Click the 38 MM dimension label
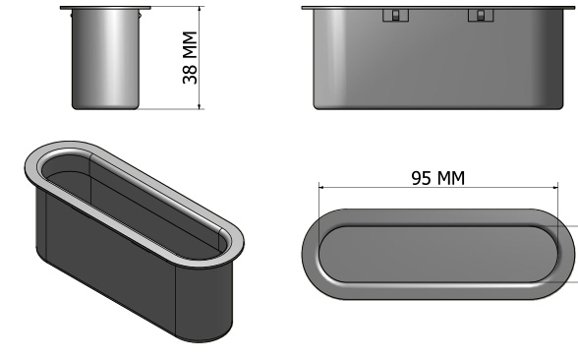click(x=191, y=58)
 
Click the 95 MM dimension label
click(x=438, y=178)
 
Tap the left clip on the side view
click(x=395, y=16)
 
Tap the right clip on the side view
click(x=481, y=16)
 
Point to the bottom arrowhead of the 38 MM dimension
click(x=200, y=106)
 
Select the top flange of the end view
click(x=105, y=8)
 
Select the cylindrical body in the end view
click(x=105, y=59)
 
